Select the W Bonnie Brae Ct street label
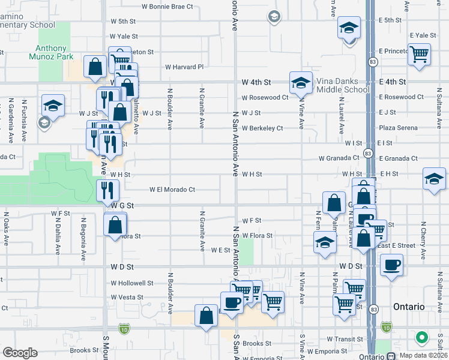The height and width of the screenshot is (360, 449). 167,7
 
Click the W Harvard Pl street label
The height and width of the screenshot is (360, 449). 185,67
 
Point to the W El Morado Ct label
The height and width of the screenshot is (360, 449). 172,190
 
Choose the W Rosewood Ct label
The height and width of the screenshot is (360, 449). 265,97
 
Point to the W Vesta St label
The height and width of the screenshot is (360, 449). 127,297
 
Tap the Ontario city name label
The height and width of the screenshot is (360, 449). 409,307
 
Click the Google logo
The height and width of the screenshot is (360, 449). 20,352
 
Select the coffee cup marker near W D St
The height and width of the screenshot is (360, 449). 391,265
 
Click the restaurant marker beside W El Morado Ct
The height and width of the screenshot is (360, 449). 107,190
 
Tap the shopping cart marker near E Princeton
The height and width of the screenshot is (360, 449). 419,54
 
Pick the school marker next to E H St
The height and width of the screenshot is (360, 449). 434,179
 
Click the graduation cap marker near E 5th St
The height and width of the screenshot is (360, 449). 348,28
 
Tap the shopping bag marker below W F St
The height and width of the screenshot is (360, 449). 115,225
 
